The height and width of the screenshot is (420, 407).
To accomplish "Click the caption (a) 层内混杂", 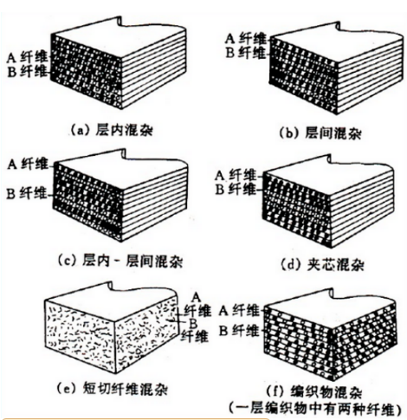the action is (x=112, y=131).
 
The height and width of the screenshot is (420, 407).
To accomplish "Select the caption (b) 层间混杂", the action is (x=320, y=133).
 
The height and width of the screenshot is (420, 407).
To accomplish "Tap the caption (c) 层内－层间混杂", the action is (x=120, y=262).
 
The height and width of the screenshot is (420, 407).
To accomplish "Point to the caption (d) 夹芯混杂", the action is (x=322, y=264).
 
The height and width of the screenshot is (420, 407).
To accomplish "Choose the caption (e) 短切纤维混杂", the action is (x=113, y=389).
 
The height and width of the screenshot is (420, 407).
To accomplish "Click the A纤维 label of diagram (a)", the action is (x=27, y=57).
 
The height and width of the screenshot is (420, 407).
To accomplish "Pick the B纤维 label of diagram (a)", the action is (x=27, y=71).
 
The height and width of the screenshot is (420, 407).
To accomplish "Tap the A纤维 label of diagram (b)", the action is (x=245, y=38).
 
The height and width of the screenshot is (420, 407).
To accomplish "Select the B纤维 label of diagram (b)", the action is (x=245, y=53).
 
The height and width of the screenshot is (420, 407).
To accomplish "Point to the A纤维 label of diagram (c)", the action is (x=28, y=165).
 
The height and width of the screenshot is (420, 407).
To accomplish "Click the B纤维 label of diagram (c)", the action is (x=27, y=193).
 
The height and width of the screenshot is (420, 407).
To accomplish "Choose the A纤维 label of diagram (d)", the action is (x=236, y=175).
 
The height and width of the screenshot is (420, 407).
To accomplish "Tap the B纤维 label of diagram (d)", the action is (x=236, y=190).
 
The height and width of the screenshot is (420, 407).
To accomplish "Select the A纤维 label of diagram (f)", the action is (x=239, y=311).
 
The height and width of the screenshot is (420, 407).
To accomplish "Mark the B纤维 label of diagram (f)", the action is (x=239, y=331).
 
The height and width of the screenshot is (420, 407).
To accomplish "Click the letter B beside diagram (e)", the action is (x=193, y=324).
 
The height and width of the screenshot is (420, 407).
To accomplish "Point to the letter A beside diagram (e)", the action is (x=197, y=297).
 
